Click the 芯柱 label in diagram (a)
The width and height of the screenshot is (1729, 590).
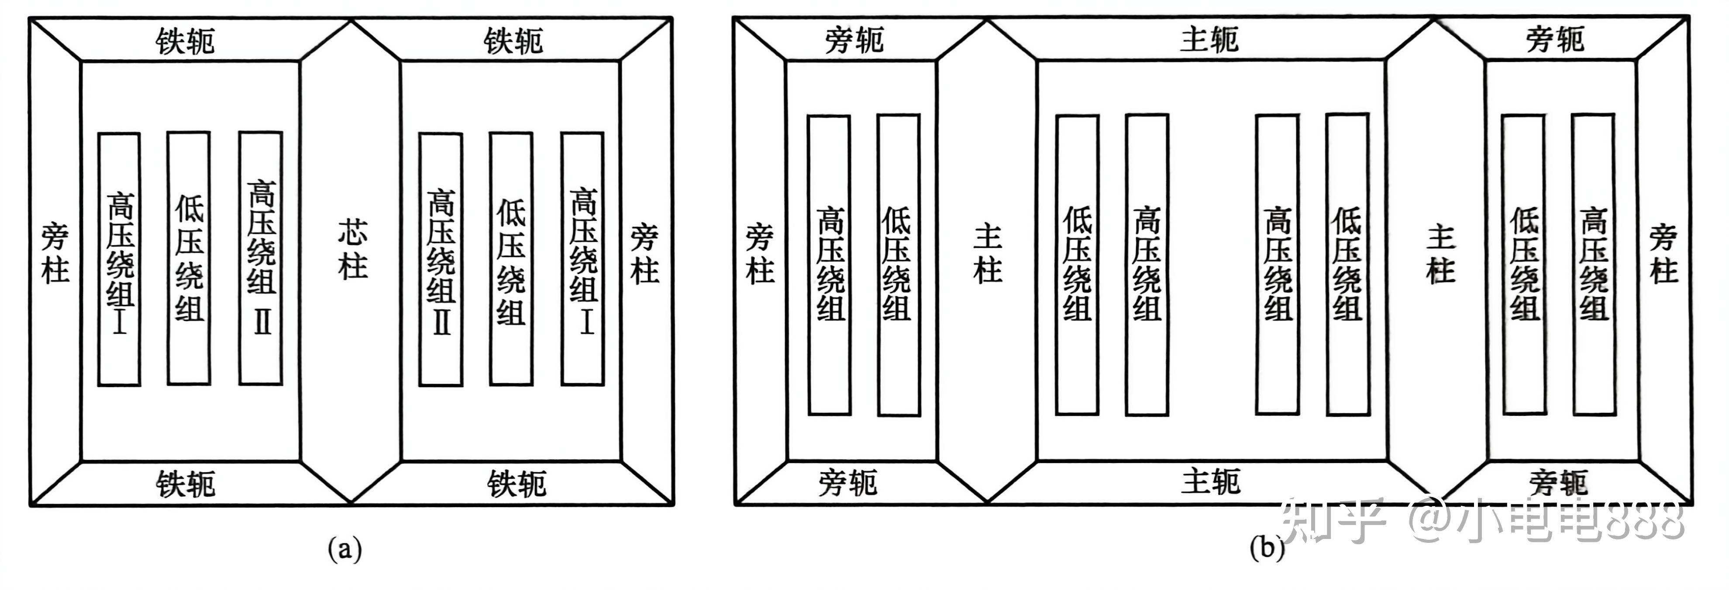(x=352, y=250)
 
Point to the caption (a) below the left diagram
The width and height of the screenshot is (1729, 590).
(x=344, y=549)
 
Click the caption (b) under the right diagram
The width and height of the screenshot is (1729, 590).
(x=1267, y=548)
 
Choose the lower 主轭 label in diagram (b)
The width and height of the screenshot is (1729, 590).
(x=1210, y=482)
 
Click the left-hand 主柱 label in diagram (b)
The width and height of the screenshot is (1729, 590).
(x=987, y=254)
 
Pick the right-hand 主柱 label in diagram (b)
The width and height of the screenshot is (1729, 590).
(x=1440, y=254)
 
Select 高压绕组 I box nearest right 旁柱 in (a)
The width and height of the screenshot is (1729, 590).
(x=582, y=259)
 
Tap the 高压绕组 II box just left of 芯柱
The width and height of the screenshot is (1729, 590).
(x=260, y=258)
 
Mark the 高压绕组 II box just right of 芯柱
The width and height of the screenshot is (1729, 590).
(x=441, y=259)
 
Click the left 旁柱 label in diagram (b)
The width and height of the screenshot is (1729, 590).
(x=760, y=254)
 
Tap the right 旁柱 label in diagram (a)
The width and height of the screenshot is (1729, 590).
(x=644, y=254)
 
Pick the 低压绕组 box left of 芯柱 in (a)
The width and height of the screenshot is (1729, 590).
(x=189, y=258)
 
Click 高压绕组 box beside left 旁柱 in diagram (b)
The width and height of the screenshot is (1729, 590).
(x=830, y=264)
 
